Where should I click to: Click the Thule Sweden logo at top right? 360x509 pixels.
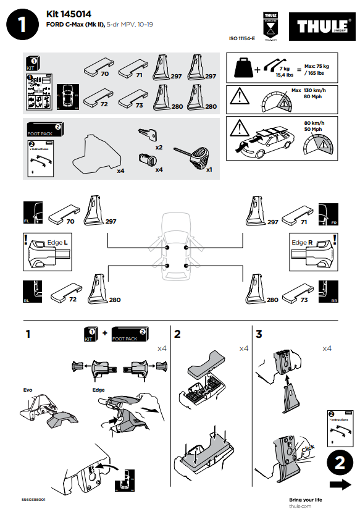320,27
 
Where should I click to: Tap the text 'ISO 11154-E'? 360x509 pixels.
242,38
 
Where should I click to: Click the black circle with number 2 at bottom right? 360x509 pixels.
340,463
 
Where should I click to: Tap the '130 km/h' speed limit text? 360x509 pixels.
316,91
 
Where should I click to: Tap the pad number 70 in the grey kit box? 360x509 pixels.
104,74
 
